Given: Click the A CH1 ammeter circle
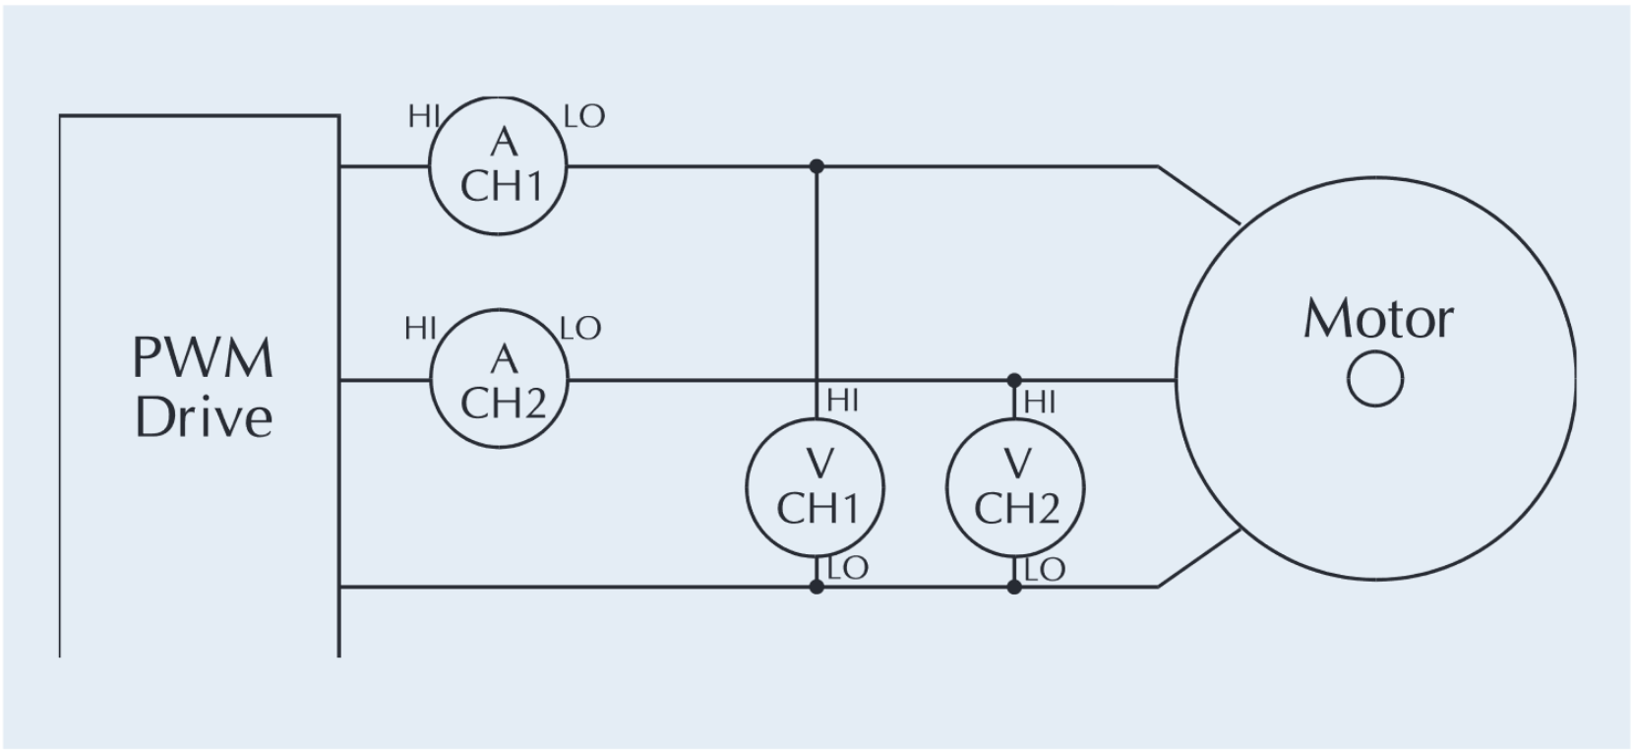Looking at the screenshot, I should (499, 165).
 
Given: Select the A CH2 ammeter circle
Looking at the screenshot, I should (500, 379).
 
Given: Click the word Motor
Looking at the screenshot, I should (1377, 319).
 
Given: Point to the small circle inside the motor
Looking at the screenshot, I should (1375, 380).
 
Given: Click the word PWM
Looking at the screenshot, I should (203, 358).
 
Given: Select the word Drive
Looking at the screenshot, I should (203, 417).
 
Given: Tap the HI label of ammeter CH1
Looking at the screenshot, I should (423, 116).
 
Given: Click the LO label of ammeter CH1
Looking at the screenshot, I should (584, 117).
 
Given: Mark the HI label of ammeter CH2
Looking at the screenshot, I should (420, 329).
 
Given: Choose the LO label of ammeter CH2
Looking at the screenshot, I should (580, 328).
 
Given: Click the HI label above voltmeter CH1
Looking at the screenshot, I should (843, 400).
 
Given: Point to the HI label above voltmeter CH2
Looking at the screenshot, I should (1040, 402).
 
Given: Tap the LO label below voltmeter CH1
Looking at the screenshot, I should (848, 568).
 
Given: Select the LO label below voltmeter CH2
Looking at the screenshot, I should (1045, 569).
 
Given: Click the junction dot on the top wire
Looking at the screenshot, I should (816, 166).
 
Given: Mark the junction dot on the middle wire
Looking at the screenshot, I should (1014, 380).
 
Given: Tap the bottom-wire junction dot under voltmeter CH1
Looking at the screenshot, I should (816, 588).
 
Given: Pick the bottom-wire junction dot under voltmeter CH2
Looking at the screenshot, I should (1014, 588).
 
